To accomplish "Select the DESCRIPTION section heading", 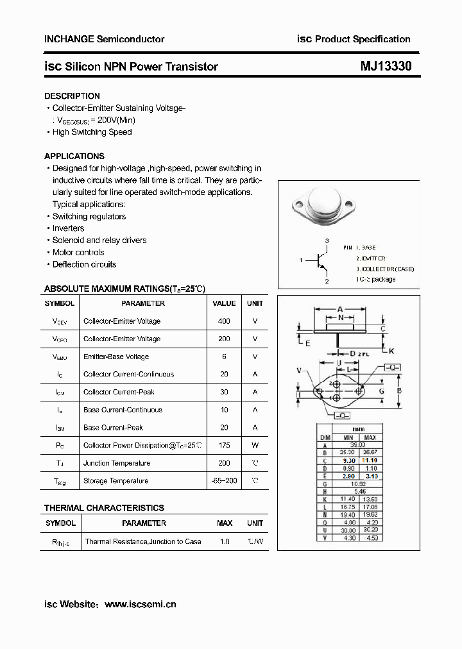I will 72,96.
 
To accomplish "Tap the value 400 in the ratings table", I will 224,321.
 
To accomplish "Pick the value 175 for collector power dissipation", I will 224,445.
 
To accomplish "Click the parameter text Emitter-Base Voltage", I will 116,357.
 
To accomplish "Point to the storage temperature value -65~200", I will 224,481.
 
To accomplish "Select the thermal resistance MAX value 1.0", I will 225,542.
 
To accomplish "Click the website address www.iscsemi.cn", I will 140,604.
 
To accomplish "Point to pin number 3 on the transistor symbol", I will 327,240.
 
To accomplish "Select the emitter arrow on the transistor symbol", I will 324,269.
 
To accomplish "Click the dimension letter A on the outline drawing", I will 340,308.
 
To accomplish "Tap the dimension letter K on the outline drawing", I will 391,351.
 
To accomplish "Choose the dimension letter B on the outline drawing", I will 399,391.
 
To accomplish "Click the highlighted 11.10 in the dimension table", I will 370,460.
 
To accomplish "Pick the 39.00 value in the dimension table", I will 357,444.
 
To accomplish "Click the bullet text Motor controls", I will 78,253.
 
